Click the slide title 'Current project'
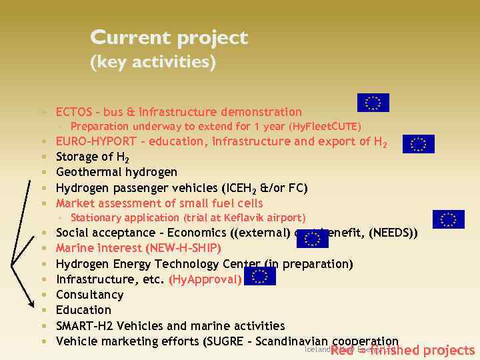[169, 38]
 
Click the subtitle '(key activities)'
[153, 63]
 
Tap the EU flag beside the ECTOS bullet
[373, 103]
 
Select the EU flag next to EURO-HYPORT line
[418, 144]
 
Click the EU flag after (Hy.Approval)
[259, 276]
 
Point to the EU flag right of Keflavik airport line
[448, 220]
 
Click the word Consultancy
[89, 295]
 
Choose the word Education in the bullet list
[83, 310]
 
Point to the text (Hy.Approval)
[205, 279]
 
